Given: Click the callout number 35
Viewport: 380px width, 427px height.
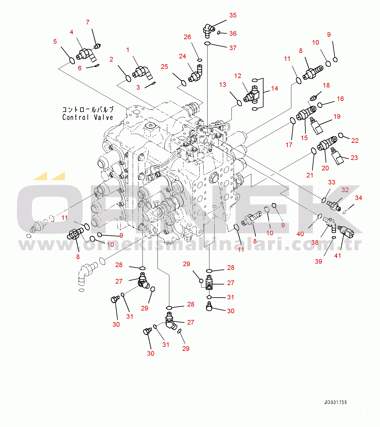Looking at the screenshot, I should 233,15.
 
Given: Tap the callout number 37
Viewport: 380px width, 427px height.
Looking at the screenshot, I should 233,48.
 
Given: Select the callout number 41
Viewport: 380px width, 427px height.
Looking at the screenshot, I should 338,256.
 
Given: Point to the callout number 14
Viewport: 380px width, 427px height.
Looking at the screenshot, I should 275,88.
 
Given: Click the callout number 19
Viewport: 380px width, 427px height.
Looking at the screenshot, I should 337,117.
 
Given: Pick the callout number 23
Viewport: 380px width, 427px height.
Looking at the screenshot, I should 354,158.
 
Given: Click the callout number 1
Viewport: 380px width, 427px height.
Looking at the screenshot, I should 127,50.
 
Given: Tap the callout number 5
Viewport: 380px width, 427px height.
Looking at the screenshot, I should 55,42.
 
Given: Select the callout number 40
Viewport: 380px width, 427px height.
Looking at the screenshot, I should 300,234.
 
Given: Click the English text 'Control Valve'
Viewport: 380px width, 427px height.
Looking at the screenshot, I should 88,117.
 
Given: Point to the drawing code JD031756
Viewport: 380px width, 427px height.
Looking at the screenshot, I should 335,403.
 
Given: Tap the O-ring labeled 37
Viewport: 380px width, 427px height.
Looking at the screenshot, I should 207,43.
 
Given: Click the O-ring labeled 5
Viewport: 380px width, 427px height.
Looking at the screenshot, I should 72,61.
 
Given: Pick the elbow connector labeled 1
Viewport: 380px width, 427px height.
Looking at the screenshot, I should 142,72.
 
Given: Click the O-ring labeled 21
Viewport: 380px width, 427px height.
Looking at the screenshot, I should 314,151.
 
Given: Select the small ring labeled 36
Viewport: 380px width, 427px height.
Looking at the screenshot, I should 220,32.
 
